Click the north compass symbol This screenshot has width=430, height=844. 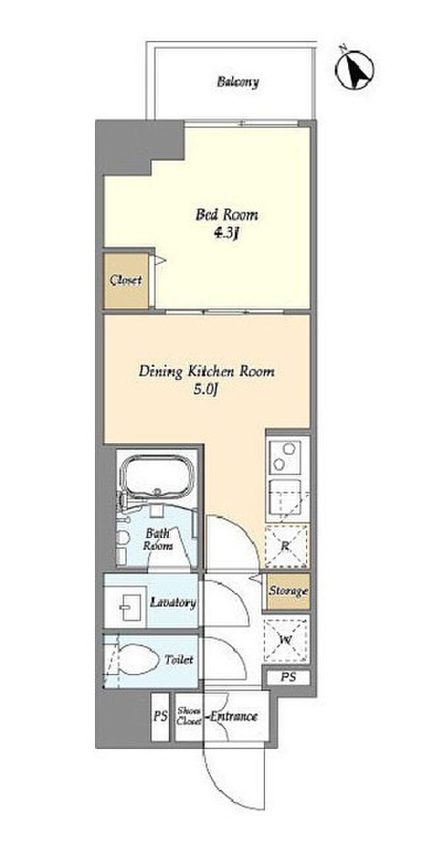(x=355, y=69)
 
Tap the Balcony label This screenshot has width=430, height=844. (x=238, y=82)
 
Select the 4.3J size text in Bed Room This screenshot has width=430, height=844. (x=227, y=233)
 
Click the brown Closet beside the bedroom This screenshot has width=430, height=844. (x=126, y=280)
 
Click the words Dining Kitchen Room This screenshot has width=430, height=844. (x=206, y=371)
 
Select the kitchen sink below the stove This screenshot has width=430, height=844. (x=286, y=498)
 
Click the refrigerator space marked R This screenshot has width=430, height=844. (x=286, y=545)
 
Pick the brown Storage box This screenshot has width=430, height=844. (x=289, y=591)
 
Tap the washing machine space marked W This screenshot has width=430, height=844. (x=286, y=640)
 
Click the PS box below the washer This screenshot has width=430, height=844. (x=289, y=677)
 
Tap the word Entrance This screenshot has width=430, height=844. (x=233, y=715)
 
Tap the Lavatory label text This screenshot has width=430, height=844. (x=173, y=603)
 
